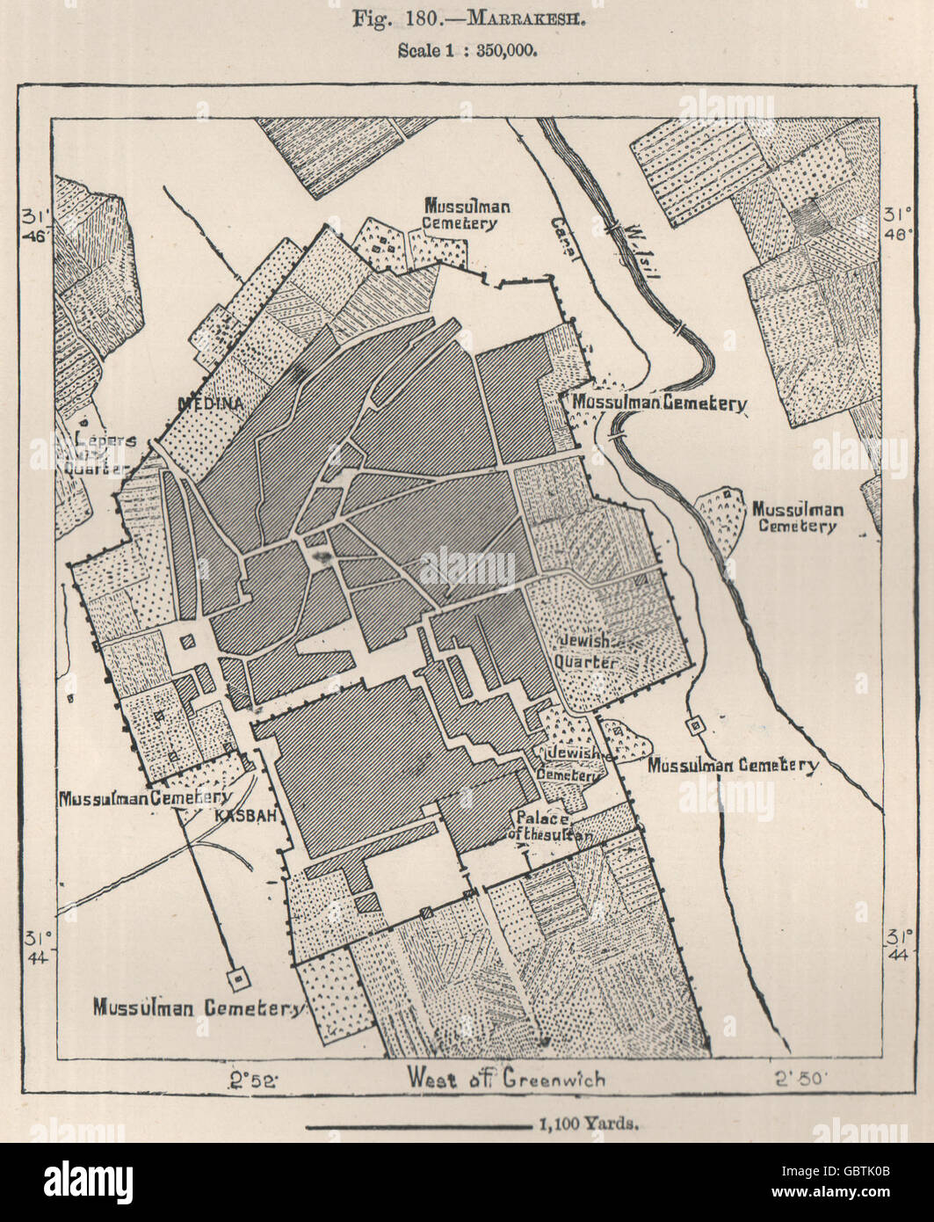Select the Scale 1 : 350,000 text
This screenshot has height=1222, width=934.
coord(466,50)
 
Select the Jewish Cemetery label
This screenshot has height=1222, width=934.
coord(574,764)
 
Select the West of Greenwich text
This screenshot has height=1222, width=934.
coord(506,1077)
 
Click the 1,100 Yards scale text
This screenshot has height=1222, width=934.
coord(585,1124)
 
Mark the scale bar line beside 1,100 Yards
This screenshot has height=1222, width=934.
coord(416,1124)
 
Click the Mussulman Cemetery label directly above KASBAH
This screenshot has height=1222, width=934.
coord(144,797)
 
